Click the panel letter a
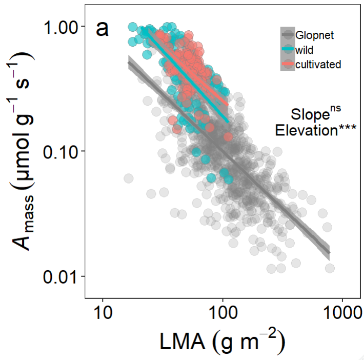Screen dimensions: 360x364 [102, 29]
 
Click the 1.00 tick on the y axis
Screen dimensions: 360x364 [60, 27]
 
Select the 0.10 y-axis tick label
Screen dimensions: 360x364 [60, 151]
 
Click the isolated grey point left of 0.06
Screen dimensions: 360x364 [128, 178]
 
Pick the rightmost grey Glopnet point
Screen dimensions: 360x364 [330, 268]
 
